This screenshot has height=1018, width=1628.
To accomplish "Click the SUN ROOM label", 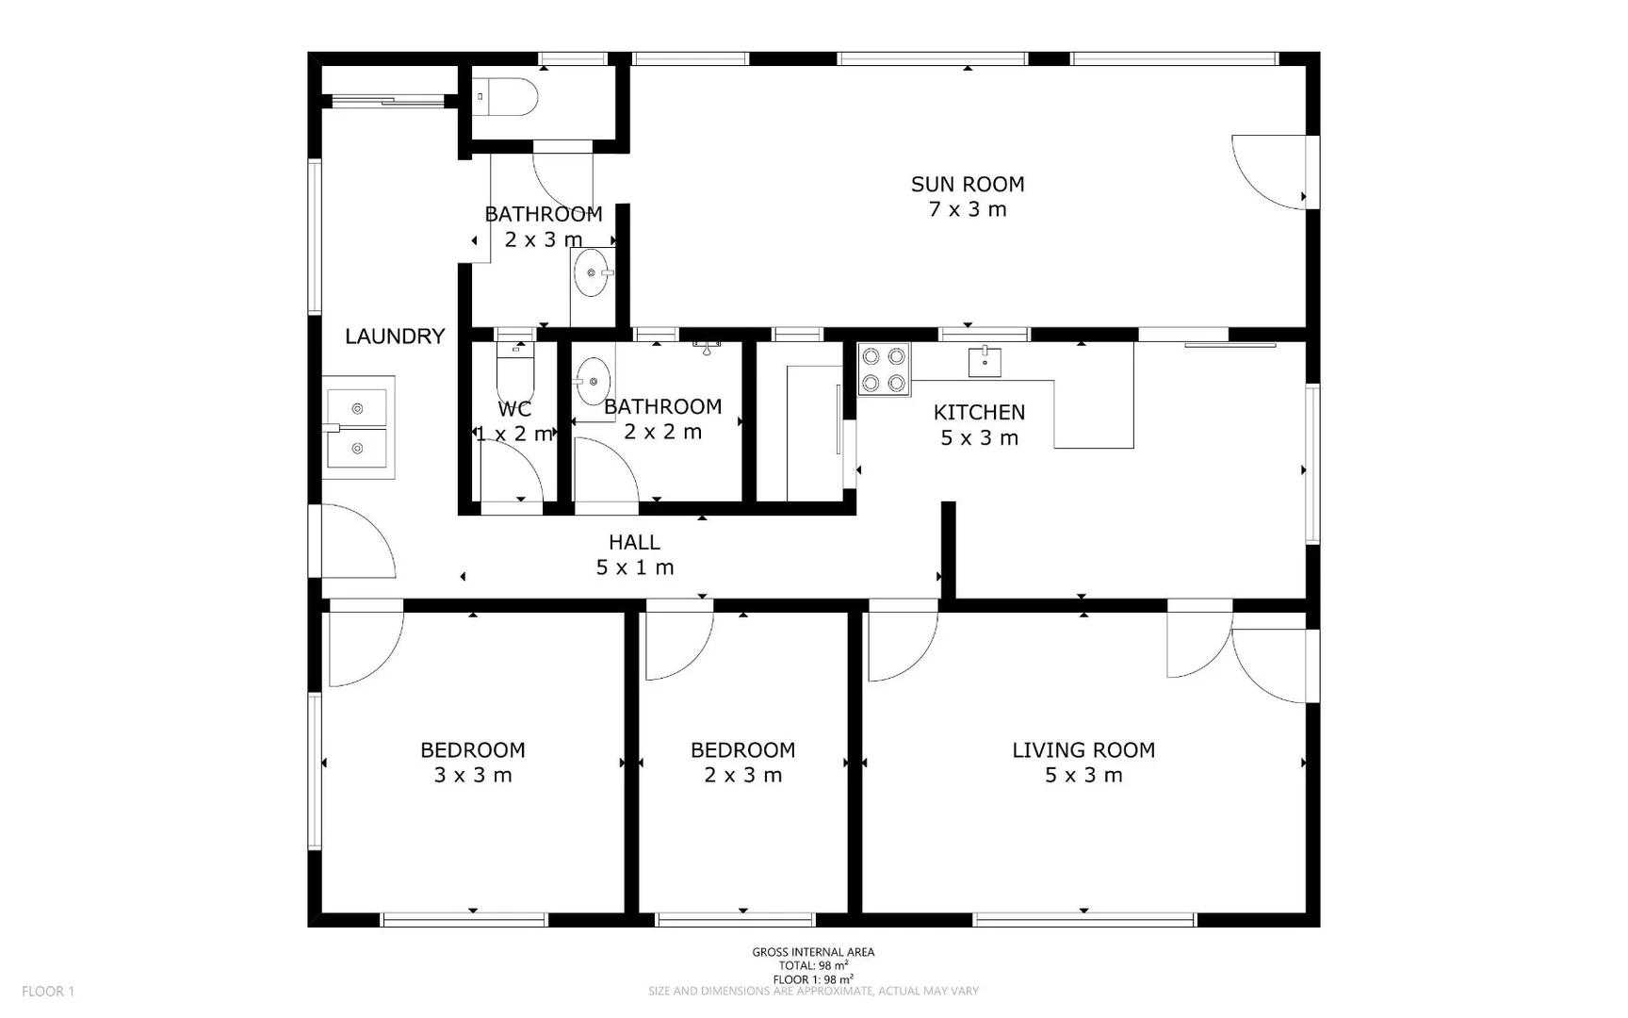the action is coord(968,185).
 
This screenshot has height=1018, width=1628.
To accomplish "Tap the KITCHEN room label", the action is coord(979,412).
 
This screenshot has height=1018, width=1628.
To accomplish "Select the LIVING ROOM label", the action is coord(1083,750).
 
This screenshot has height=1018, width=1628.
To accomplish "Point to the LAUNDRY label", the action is coord(395,337).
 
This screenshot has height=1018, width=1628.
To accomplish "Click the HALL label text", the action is coord(634,542).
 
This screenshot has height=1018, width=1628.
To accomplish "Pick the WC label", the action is coord(514,409).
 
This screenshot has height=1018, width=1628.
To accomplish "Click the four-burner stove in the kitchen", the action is coord(884,369).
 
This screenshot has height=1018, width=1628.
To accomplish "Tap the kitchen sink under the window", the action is coord(985,361).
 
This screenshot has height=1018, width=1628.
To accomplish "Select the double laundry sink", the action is coord(358,429).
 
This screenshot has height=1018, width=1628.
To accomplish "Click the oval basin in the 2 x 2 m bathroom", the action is coord(593,381).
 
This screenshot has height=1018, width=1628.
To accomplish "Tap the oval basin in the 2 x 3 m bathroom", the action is coord(593,273).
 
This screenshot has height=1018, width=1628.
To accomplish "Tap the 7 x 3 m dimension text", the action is coord(968,209).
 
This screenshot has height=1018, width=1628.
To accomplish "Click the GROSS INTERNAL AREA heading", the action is coord(813,952).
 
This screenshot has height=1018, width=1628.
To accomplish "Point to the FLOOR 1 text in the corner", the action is coord(48,991).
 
